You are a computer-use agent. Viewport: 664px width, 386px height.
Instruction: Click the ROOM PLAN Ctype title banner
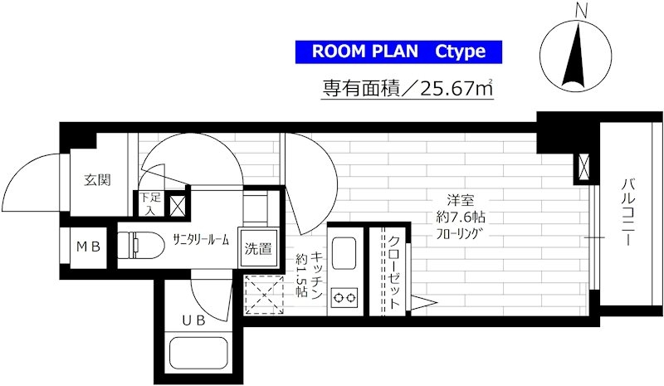pos(398,51)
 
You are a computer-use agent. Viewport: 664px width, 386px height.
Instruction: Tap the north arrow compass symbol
pos(576,55)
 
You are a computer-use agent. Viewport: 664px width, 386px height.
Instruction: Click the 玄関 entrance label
pos(97,180)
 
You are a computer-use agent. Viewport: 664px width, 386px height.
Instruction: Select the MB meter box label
pos(89,247)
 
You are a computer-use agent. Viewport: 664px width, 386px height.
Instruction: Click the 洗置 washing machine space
pos(258,248)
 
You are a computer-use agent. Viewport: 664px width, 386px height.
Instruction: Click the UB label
pos(194,320)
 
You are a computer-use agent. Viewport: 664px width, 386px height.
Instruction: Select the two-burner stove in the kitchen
pos(344,298)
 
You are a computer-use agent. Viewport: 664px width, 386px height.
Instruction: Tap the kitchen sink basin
pos(344,253)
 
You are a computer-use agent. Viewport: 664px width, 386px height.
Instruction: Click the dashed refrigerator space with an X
pos(264,295)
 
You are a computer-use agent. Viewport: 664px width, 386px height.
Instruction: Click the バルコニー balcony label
pos(628,213)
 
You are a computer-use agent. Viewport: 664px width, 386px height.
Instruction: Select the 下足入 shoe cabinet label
pos(150,204)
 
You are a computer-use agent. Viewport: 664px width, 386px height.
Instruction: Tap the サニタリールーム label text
pos(201,240)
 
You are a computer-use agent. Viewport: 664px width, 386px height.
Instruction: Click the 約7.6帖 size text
pos(461,217)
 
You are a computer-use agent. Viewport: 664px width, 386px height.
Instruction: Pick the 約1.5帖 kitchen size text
pos(301,275)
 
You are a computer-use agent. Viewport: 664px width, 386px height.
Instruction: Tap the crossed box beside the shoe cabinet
pos(176,204)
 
